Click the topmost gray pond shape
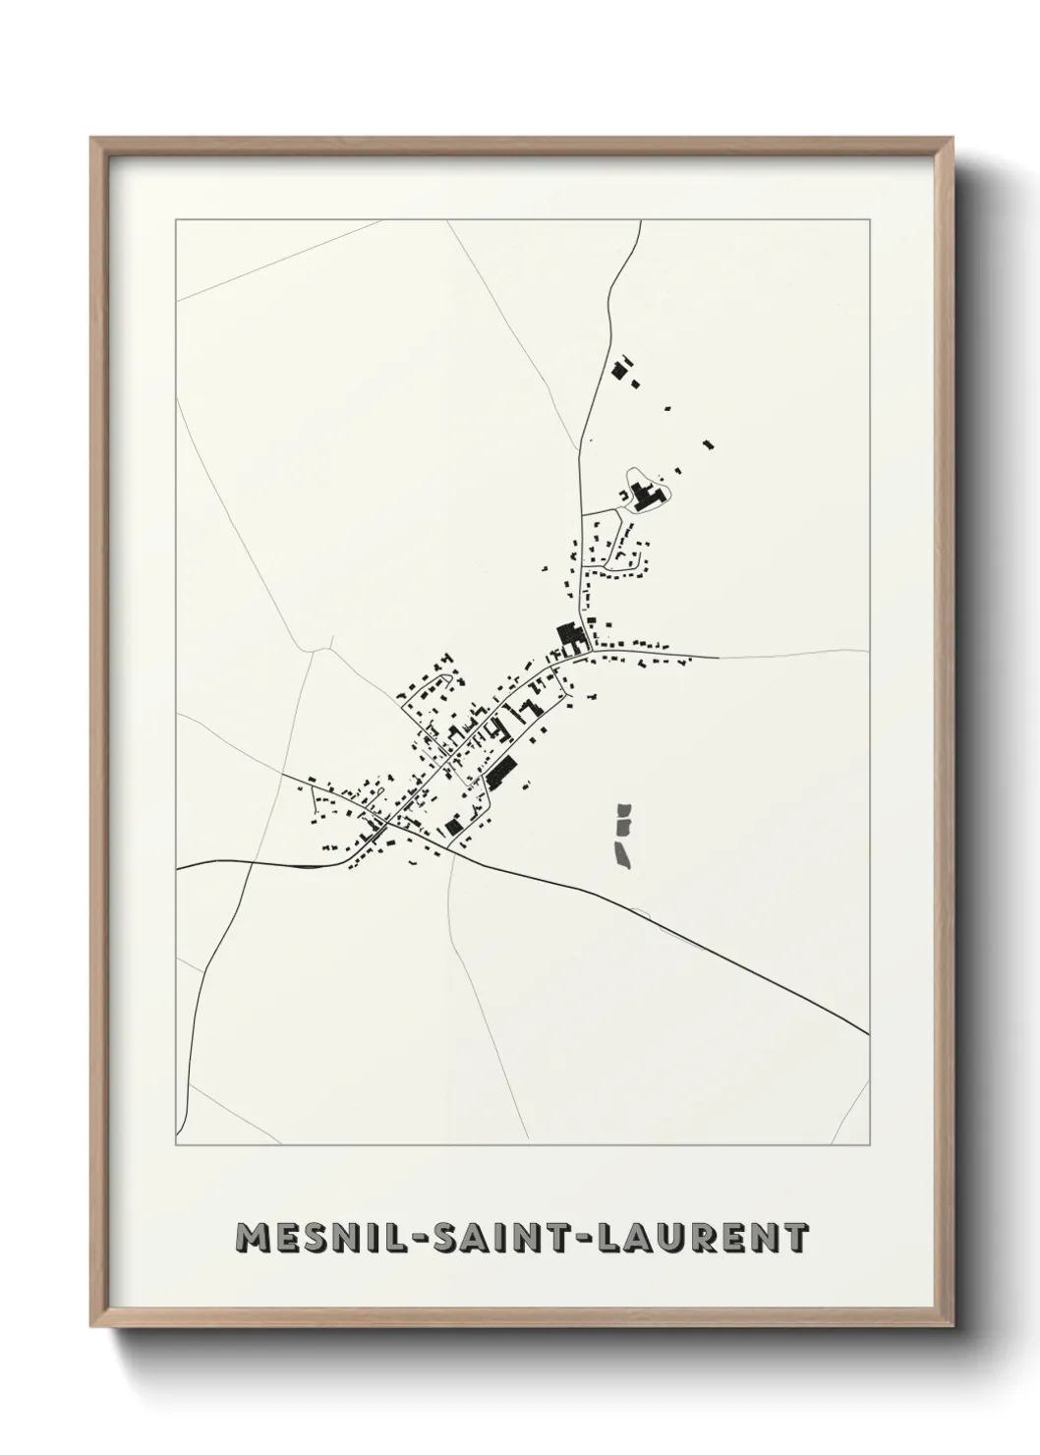point(623,815)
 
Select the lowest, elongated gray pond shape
point(622,852)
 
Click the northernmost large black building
point(619,371)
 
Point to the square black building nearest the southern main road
point(453,826)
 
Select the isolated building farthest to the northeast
point(708,444)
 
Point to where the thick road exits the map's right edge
point(869,1033)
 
